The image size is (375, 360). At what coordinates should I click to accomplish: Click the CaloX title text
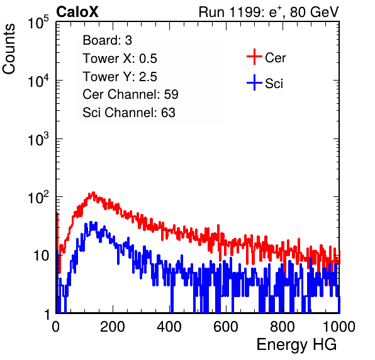pyautogui.click(x=77, y=12)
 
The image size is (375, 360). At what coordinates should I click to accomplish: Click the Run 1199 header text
pyautogui.click(x=269, y=12)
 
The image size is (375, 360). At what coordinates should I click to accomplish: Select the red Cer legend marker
pyautogui.click(x=254, y=57)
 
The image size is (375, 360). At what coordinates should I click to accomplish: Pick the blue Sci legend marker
pyautogui.click(x=254, y=82)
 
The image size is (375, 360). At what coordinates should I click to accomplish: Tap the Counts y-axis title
pyautogui.click(x=9, y=49)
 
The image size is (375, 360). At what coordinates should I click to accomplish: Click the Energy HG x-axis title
pyautogui.click(x=296, y=345)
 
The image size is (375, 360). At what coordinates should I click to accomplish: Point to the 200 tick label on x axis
pyautogui.click(x=113, y=327)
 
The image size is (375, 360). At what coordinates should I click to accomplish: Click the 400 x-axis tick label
pyautogui.click(x=169, y=327)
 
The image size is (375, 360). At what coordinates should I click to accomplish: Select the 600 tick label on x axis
pyautogui.click(x=226, y=327)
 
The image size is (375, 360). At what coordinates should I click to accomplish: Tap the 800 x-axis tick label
pyautogui.click(x=283, y=327)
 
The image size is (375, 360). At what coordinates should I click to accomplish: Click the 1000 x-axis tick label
pyautogui.click(x=339, y=327)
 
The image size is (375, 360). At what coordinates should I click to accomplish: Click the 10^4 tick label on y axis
pyautogui.click(x=38, y=80)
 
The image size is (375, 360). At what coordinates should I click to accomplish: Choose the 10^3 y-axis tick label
pyautogui.click(x=38, y=138)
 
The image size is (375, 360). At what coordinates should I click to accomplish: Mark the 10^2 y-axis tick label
pyautogui.click(x=38, y=197)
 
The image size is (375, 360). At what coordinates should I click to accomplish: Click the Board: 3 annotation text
pyautogui.click(x=107, y=40)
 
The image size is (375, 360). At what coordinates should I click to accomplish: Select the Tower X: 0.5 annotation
pyautogui.click(x=120, y=59)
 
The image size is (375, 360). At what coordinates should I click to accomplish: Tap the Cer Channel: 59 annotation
pyautogui.click(x=130, y=94)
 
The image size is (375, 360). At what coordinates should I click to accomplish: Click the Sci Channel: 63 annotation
pyautogui.click(x=129, y=113)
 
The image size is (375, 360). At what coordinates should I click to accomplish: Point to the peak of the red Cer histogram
pyautogui.click(x=93, y=193)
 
